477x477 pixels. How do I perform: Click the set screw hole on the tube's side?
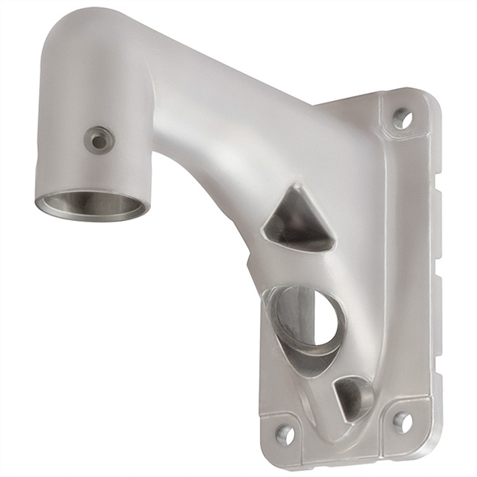[x=99, y=141]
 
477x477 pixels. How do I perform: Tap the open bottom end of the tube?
[x=91, y=206]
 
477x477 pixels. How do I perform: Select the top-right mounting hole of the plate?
[x=402, y=118]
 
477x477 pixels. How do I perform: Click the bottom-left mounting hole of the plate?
[x=284, y=433]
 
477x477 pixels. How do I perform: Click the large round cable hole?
[x=306, y=322]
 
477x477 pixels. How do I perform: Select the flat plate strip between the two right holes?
[x=409, y=270]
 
